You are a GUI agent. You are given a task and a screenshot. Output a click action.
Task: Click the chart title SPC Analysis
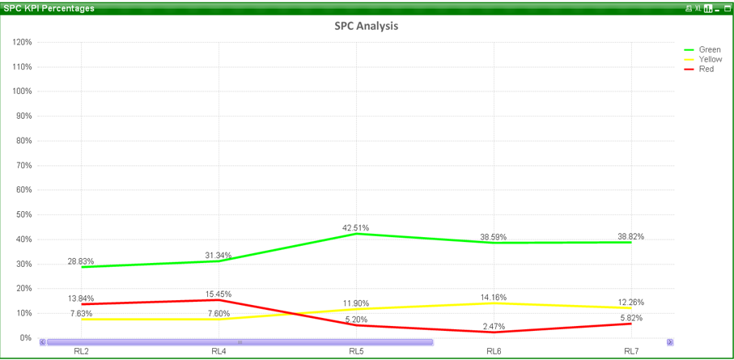pyautogui.click(x=366, y=26)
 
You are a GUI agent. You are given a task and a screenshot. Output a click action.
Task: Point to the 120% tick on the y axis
pyautogui.click(x=22, y=42)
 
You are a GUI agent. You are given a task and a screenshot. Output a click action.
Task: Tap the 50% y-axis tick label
pyautogui.click(x=23, y=214)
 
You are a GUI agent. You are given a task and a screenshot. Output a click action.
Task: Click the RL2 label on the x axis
pyautogui.click(x=81, y=351)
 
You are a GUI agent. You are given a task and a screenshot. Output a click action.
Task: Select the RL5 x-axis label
pyautogui.click(x=356, y=351)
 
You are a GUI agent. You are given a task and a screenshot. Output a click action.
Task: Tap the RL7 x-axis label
pyautogui.click(x=631, y=351)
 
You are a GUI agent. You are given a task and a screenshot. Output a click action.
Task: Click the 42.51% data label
pyautogui.click(x=356, y=228)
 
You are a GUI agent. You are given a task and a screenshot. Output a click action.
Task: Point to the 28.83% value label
pyautogui.click(x=81, y=261)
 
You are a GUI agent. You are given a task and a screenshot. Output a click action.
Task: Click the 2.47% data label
pyautogui.click(x=494, y=326)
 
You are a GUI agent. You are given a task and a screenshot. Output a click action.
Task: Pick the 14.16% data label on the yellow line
pyautogui.click(x=494, y=298)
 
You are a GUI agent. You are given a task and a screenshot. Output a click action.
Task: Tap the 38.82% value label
pyautogui.click(x=631, y=237)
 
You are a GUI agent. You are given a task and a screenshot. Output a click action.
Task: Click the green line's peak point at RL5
pyautogui.click(x=356, y=234)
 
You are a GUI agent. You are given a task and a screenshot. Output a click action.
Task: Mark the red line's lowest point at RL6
pyautogui.click(x=494, y=332)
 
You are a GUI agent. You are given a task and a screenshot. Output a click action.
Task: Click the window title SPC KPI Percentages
pyautogui.click(x=49, y=8)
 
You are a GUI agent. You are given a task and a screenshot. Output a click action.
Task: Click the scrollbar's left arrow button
pyautogui.click(x=43, y=342)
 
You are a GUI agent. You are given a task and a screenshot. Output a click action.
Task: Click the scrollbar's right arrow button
pyautogui.click(x=670, y=342)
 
